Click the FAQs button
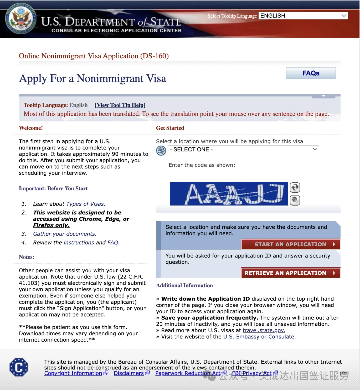[311, 73]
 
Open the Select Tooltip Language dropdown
[303, 16]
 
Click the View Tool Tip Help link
[120, 105]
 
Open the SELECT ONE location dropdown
[243, 150]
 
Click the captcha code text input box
[209, 172]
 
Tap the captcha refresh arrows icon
[295, 187]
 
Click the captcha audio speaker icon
[295, 200]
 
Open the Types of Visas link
[86, 204]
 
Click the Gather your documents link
[65, 234]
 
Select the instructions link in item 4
[79, 243]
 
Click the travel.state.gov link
[264, 330]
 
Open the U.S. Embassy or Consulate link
[259, 337]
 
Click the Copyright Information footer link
[73, 373]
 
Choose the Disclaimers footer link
[129, 373]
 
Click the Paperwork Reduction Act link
[188, 373]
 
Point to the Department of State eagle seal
[21, 18]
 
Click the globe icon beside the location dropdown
[161, 151]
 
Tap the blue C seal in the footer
[19, 367]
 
